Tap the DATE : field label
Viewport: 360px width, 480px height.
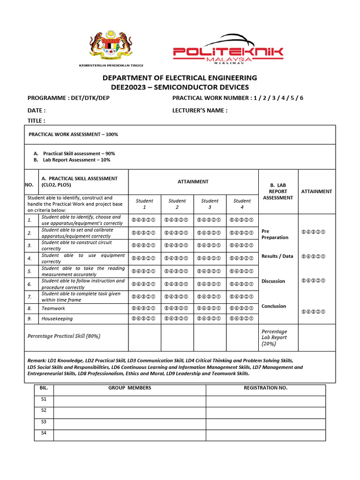[37, 111]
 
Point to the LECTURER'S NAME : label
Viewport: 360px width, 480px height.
[200, 111]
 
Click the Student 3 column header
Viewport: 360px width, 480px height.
[210, 204]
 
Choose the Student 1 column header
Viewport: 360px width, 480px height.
[144, 204]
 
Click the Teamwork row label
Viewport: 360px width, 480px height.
[53, 308]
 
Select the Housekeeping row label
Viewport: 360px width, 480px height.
[57, 319]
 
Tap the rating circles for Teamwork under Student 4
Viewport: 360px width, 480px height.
[242, 308]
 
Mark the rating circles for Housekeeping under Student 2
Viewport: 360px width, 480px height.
[177, 319]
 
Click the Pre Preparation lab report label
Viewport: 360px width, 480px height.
[275, 234]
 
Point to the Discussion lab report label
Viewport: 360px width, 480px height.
[273, 281]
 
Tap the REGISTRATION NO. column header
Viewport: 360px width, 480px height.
[265, 388]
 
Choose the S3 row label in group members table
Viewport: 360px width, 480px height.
[44, 422]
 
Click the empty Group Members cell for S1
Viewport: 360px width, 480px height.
[130, 401]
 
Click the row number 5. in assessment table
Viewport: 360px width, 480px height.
[30, 271]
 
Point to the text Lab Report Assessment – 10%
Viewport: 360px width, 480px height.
[76, 160]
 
